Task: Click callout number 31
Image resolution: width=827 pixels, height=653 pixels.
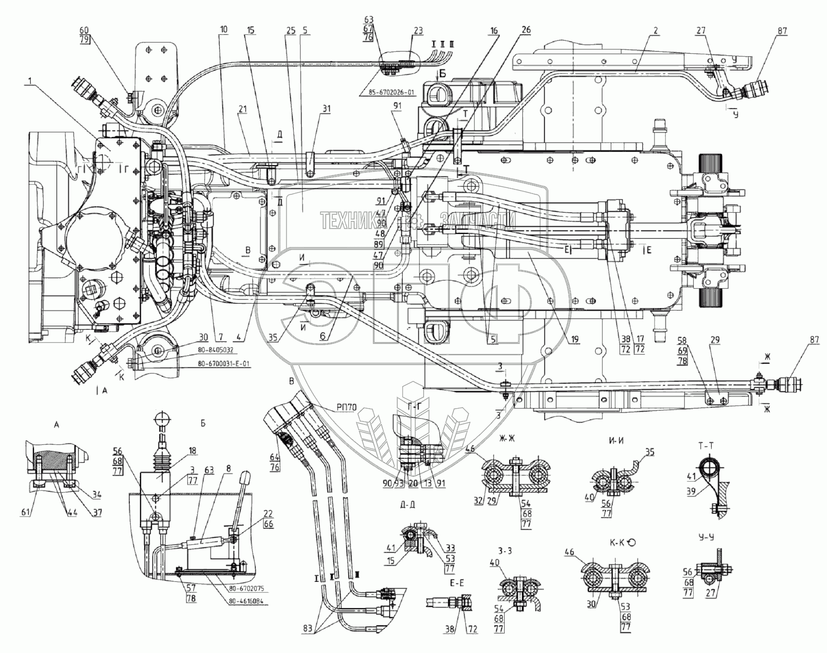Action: (326, 109)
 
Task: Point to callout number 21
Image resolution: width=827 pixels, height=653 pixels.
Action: (243, 109)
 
